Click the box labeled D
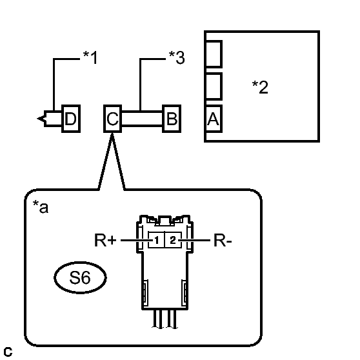coord(71,119)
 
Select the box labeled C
coord(112,119)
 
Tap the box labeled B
coord(172,119)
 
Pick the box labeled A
coord(214,119)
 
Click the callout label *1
coord(90,57)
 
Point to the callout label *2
coord(260,87)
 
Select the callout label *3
coord(177,57)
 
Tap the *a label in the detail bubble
coord(41,206)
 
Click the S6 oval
coord(81,277)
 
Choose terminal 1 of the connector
coord(157,240)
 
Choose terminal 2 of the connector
coord(173,240)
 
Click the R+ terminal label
coord(105,240)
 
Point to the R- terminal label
coord(223,241)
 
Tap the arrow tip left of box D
coord(37,119)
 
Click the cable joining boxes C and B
coord(142,119)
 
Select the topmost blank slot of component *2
coord(214,54)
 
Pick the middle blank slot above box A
coord(214,86)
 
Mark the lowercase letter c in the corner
coord(8,352)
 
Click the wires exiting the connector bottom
coord(165,319)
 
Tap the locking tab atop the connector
coord(165,220)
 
